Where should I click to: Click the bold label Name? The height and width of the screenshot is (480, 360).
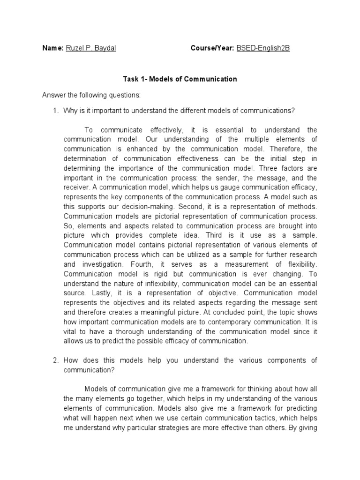click(52, 48)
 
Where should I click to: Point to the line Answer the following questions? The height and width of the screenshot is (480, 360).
click(91, 95)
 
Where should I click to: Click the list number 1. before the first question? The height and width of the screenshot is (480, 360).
click(55, 111)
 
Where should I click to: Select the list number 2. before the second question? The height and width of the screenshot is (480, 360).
click(55, 360)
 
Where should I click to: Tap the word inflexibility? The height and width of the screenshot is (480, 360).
click(158, 284)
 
